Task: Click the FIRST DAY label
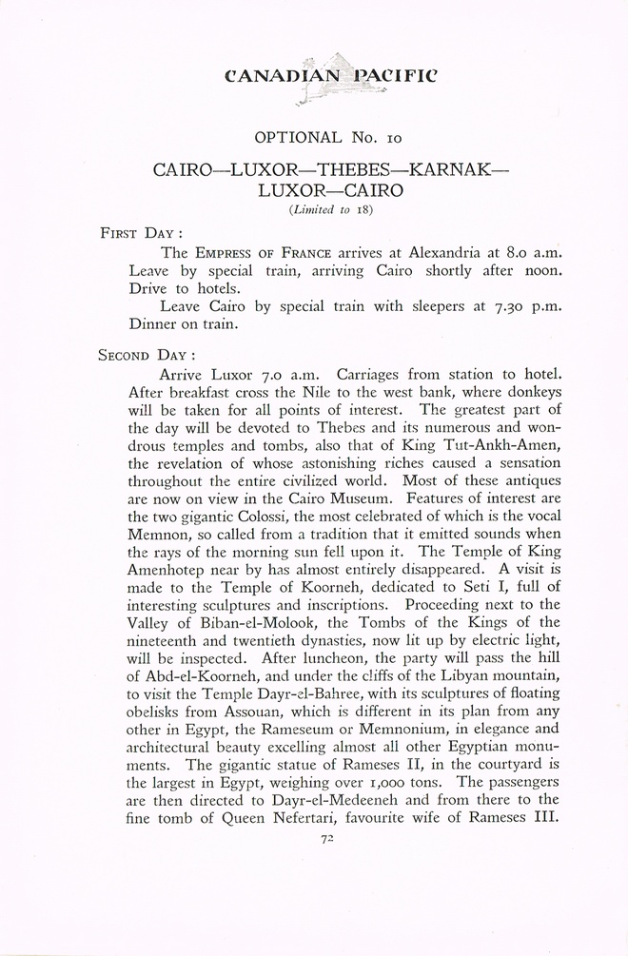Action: (142, 232)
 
